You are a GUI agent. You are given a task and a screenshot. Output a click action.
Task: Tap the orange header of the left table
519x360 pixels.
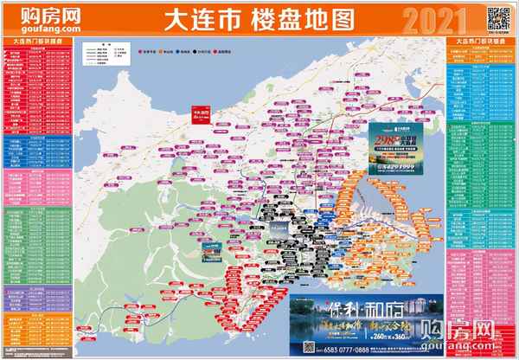(37, 41)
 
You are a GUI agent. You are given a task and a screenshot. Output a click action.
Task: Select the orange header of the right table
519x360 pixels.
(480, 41)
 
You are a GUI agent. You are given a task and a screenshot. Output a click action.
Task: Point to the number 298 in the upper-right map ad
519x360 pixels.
(387, 141)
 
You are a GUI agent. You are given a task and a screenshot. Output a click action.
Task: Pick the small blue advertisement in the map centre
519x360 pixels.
(213, 249)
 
